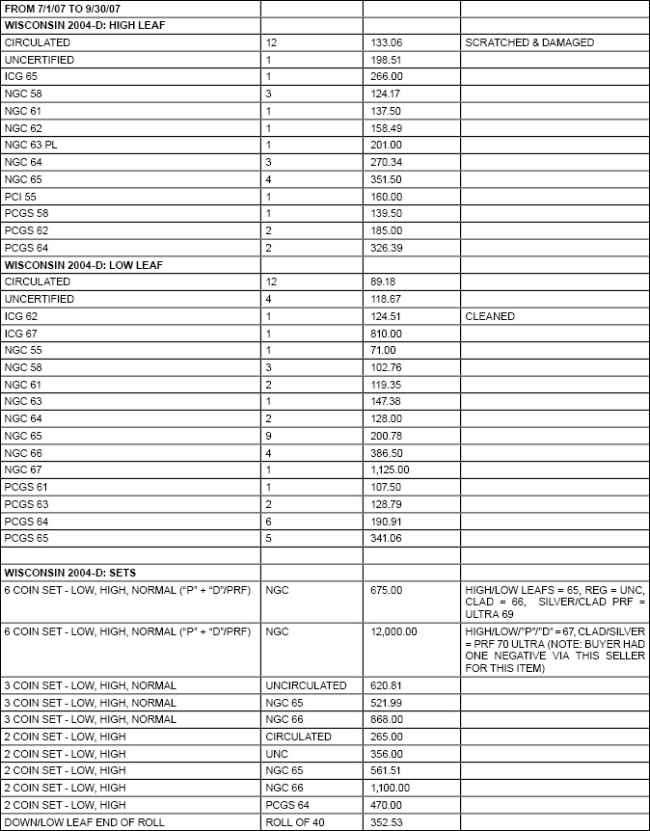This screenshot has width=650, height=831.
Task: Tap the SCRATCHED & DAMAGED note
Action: point(529,42)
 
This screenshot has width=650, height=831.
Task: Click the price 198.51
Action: point(386,60)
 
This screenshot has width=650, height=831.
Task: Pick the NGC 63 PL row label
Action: point(30,145)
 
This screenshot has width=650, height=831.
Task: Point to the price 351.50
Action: point(386,179)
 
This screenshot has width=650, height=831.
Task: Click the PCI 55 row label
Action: point(20,196)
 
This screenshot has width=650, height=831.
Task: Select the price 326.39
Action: point(386,248)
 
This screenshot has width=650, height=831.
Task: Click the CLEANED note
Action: point(490,316)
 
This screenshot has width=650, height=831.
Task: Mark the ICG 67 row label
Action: point(21,334)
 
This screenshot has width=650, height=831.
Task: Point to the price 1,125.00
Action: point(391,469)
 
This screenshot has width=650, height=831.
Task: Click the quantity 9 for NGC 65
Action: point(268,436)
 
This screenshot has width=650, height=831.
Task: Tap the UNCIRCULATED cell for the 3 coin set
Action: point(306,685)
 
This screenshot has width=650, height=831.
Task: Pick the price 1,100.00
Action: point(391,788)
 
